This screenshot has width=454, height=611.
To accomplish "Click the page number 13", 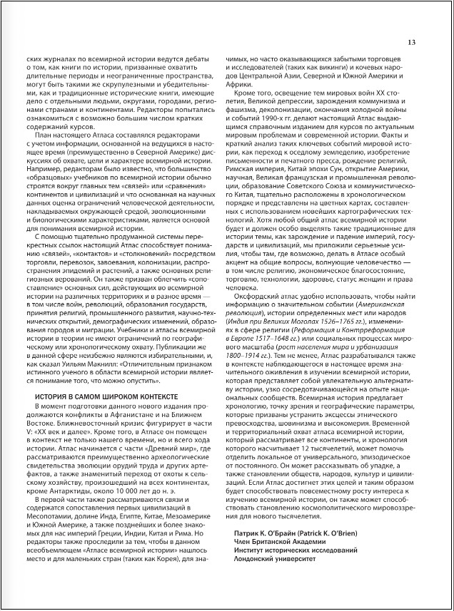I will click(x=411, y=42).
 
